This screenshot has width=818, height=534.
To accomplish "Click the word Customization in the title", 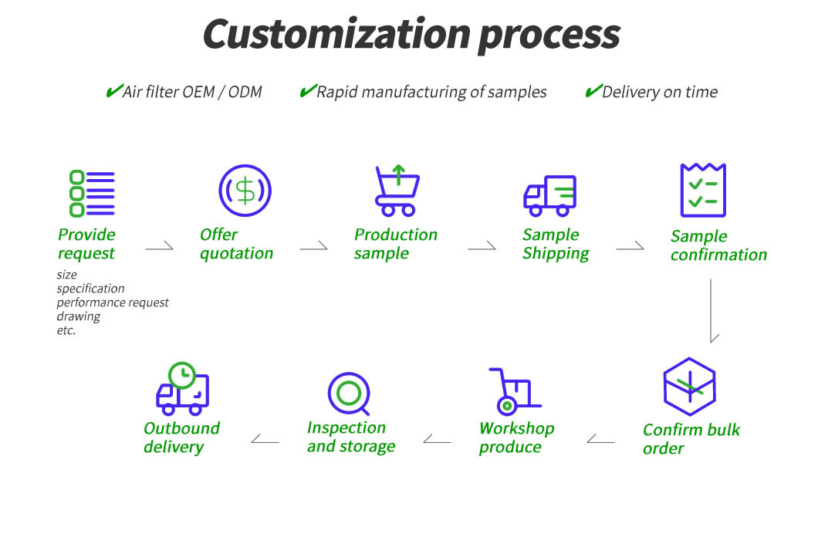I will pos(336,35).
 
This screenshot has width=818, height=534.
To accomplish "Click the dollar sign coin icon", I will pos(245,190).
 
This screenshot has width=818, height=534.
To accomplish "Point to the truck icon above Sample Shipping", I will pos(550,195).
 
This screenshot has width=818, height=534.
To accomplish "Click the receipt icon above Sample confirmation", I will pos(702,190).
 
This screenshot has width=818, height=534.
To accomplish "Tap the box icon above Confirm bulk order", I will pos(689,387).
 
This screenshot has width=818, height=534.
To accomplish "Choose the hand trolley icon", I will pos(513,391).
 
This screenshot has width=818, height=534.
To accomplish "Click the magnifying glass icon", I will pos(350,394).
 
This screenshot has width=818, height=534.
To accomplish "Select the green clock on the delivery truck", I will pos(182,375).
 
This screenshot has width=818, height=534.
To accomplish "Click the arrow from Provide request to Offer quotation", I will pos(160,248).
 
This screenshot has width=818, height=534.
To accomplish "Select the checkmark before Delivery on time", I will pos(593,91).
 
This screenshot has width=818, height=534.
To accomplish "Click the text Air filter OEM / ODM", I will pos(192,93).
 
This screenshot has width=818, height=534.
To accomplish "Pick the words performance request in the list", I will pos(113,302).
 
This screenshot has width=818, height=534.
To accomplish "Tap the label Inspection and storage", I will pos(350,437).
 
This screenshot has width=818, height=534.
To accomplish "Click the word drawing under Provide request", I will pos(79,316).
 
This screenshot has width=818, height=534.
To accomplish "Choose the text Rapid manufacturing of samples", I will pos(431,93).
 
